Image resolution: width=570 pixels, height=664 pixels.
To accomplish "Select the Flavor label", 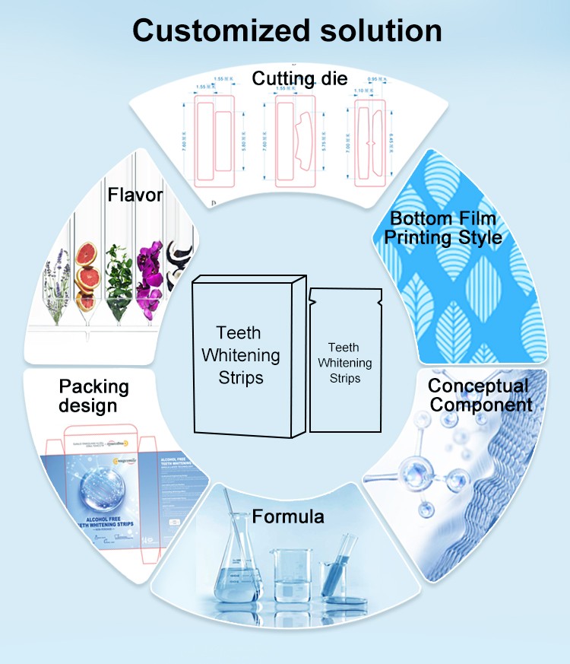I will tap(135, 195).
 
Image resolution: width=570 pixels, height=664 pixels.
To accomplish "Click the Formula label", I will tap(288, 517).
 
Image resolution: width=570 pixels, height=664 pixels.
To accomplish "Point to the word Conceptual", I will tap(478, 386).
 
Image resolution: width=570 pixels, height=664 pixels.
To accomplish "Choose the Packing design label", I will tap(94, 396).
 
